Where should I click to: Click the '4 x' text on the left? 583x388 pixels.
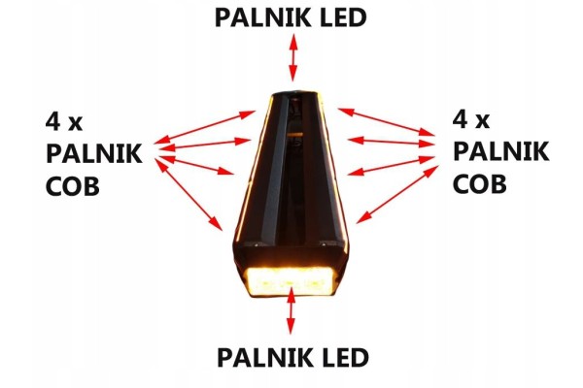(x=64, y=121)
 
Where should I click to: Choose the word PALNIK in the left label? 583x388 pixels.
(x=93, y=153)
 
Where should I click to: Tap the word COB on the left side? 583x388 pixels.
(x=73, y=186)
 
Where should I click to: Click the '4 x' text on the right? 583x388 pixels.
(x=471, y=119)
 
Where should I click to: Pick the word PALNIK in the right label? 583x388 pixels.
(x=500, y=151)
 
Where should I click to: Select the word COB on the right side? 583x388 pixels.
(x=480, y=183)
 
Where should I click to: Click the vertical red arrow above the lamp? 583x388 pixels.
(x=293, y=57)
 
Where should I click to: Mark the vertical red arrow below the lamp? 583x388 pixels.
(x=291, y=310)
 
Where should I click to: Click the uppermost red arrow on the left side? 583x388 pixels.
(x=204, y=127)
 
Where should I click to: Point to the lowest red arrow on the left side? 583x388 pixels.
(x=189, y=194)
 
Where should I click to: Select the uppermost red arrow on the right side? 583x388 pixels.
(x=386, y=122)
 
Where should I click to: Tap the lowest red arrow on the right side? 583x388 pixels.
(x=397, y=194)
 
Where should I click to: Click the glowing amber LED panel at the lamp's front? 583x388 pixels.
(x=291, y=281)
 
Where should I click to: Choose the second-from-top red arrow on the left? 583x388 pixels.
(x=206, y=145)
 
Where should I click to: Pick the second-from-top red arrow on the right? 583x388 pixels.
(x=392, y=142)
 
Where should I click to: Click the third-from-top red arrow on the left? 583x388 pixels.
(x=197, y=165)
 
